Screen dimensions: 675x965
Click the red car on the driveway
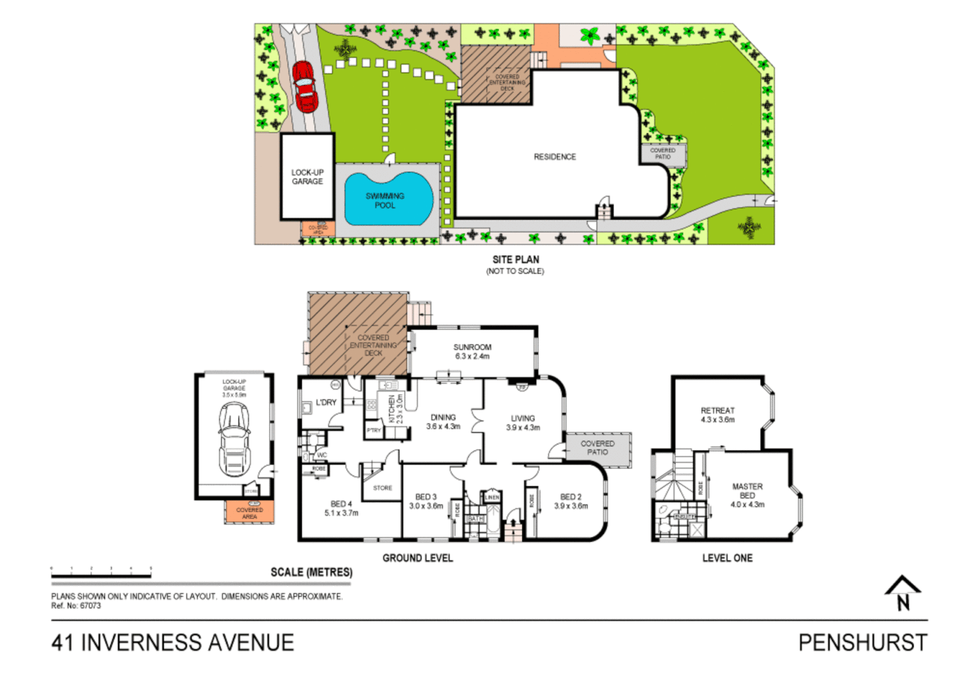[305, 86]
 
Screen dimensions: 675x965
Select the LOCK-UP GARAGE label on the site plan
[307, 177]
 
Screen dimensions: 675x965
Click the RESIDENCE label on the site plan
[555, 157]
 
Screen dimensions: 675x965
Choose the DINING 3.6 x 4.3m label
[443, 422]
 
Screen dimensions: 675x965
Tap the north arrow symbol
[902, 593]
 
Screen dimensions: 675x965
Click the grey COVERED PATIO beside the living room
[597, 448]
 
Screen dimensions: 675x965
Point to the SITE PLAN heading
[515, 259]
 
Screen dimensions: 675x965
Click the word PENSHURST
[862, 642]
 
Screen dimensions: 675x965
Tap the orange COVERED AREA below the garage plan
[249, 512]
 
